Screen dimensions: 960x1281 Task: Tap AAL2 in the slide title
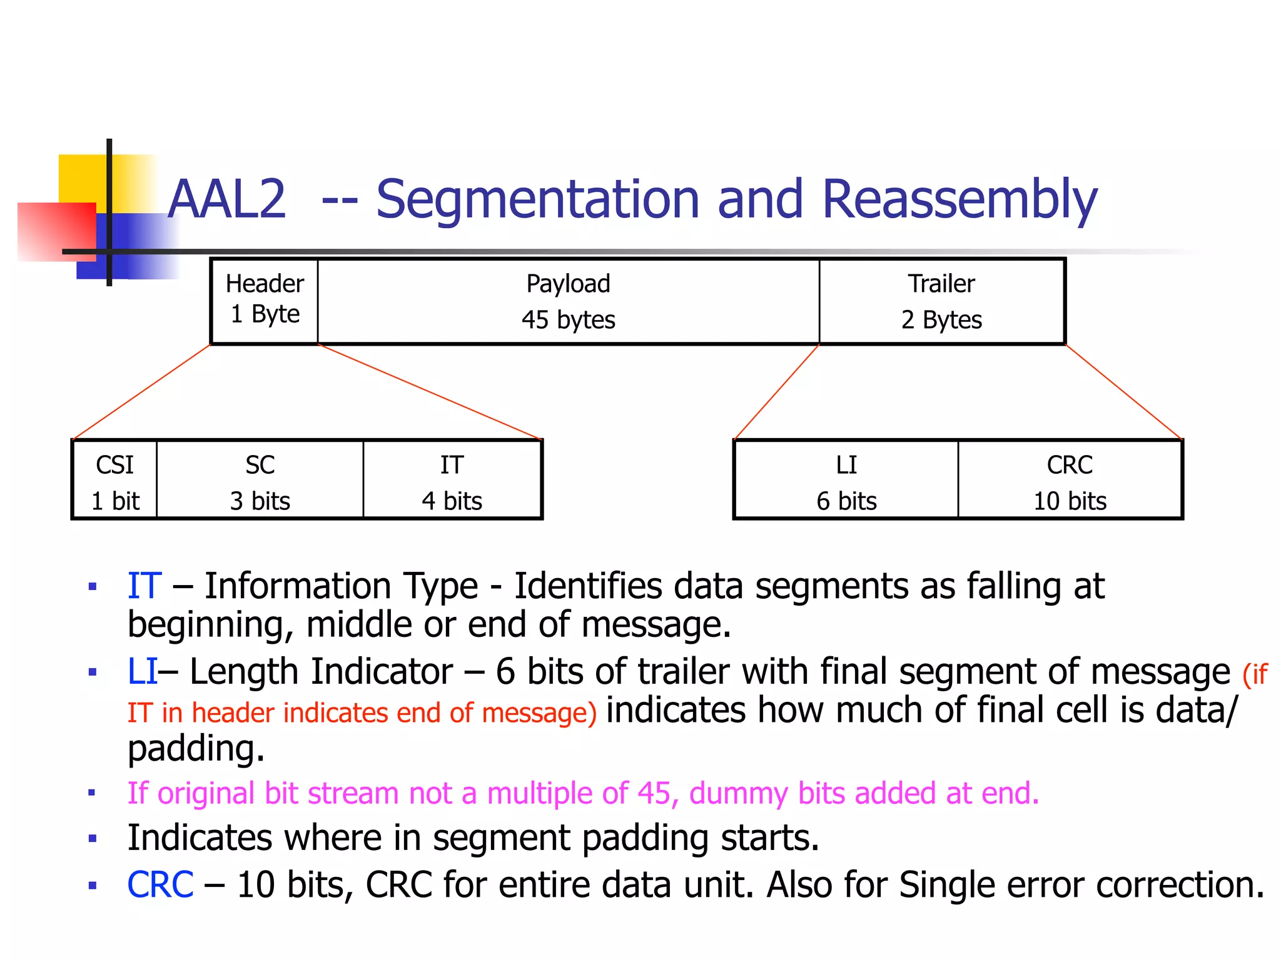tap(227, 200)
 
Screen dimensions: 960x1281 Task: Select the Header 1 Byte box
tap(265, 300)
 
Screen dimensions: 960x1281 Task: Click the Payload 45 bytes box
tap(568, 301)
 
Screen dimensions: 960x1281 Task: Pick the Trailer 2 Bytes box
tap(941, 301)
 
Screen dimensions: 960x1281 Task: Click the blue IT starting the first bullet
tap(144, 586)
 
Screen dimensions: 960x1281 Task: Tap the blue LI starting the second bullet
tap(142, 672)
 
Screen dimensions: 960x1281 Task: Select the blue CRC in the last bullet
tap(160, 885)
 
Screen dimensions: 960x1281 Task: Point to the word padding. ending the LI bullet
tap(196, 749)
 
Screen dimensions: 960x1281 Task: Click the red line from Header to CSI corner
tap(143, 392)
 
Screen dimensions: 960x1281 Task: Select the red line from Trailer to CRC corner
tap(1124, 392)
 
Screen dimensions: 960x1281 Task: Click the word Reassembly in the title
tap(959, 200)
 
